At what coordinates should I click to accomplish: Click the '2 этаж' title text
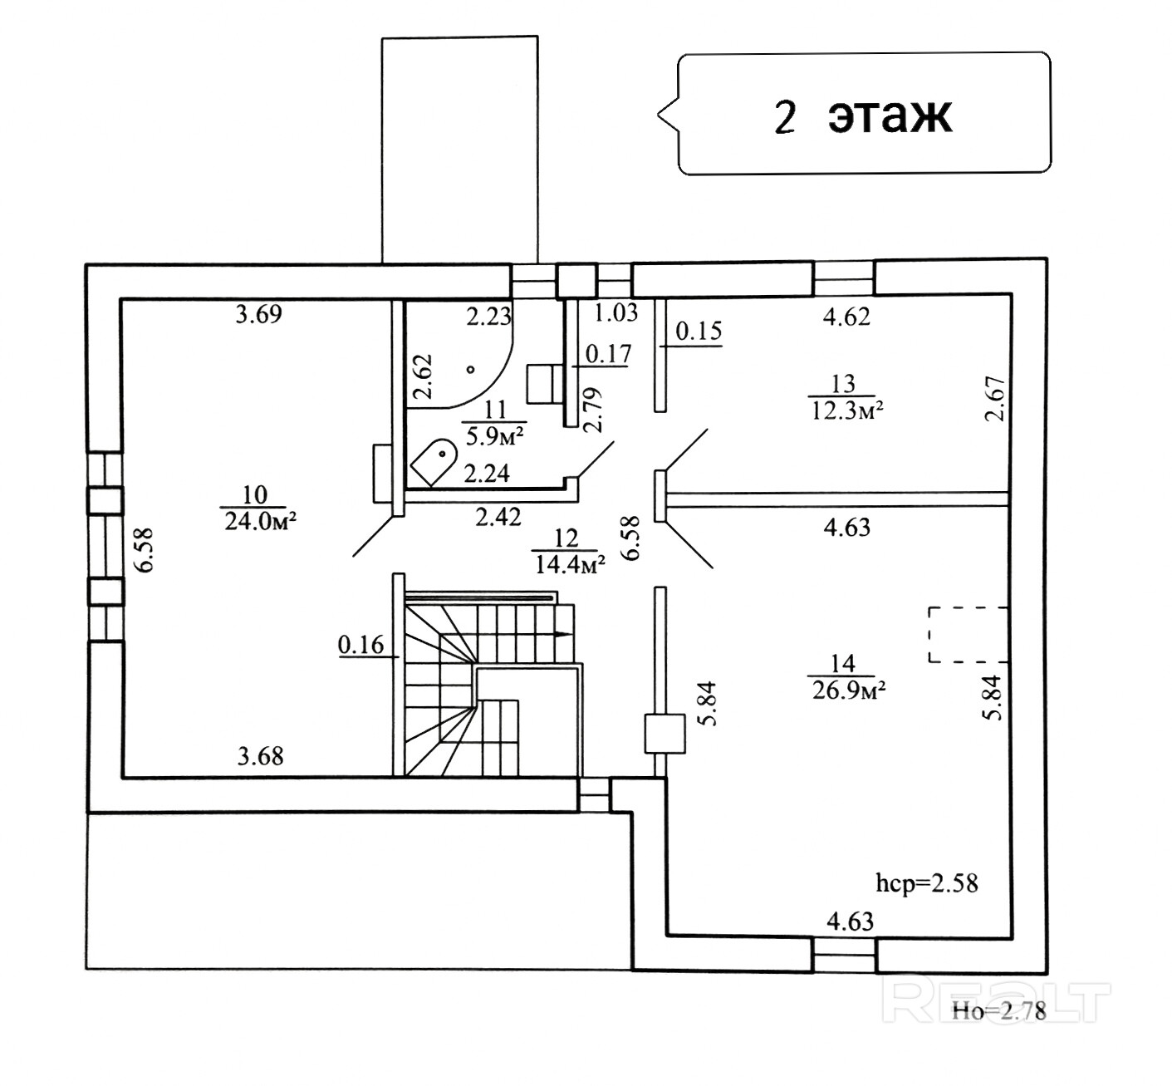click(x=863, y=117)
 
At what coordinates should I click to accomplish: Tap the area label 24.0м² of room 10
click(x=260, y=522)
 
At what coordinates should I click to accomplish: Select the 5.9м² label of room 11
click(x=495, y=436)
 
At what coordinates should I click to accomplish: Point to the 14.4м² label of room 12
click(x=570, y=564)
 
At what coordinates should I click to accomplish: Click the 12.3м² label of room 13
click(x=847, y=410)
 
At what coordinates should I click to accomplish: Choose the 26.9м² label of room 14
click(x=849, y=690)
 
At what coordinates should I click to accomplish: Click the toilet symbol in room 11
click(x=434, y=462)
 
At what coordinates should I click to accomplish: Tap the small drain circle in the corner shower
click(x=470, y=370)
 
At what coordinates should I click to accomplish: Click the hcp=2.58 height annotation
click(x=927, y=883)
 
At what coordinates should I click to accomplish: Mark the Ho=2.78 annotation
click(x=999, y=1011)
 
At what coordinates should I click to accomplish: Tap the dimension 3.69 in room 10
click(x=259, y=313)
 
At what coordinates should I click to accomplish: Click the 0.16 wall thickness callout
click(x=361, y=644)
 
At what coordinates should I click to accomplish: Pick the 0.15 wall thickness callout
click(x=699, y=332)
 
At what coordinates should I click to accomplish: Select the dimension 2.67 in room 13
click(x=994, y=399)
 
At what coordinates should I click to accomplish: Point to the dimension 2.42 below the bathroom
click(x=498, y=518)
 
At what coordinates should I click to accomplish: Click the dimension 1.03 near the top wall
click(x=616, y=312)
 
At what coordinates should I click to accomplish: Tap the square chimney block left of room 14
click(x=664, y=734)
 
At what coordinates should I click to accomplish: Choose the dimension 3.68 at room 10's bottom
click(x=260, y=756)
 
